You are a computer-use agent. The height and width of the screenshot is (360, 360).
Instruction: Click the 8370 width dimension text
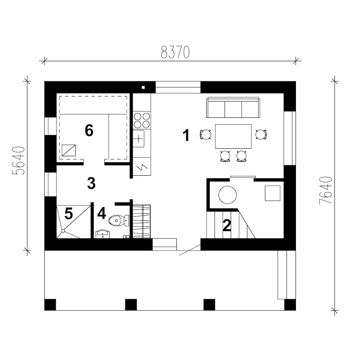point(175,52)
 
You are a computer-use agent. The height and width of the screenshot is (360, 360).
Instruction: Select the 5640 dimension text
point(18,161)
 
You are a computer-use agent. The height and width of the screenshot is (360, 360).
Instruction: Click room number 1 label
point(186,135)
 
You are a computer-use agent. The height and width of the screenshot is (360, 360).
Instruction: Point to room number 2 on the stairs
point(227,225)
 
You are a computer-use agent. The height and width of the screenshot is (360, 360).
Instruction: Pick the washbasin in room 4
point(103,234)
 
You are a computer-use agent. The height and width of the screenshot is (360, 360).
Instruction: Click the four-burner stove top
point(142,120)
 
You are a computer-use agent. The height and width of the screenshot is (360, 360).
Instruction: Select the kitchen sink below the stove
point(139,139)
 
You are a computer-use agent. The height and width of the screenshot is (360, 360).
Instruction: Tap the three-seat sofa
point(233,107)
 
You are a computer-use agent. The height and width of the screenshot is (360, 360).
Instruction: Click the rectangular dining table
point(233,136)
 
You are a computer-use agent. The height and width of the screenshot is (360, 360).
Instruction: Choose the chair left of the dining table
point(206,135)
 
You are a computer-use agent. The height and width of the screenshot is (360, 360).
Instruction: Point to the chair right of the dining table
point(261,135)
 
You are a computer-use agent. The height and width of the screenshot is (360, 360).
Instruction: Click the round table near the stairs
point(228,195)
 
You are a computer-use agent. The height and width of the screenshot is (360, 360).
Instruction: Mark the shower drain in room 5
point(63,231)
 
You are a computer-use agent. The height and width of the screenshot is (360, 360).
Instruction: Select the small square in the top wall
point(143,87)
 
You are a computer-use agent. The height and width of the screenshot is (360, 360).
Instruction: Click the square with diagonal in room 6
point(69,150)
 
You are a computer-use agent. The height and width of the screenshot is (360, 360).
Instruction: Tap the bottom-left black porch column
point(50,305)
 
